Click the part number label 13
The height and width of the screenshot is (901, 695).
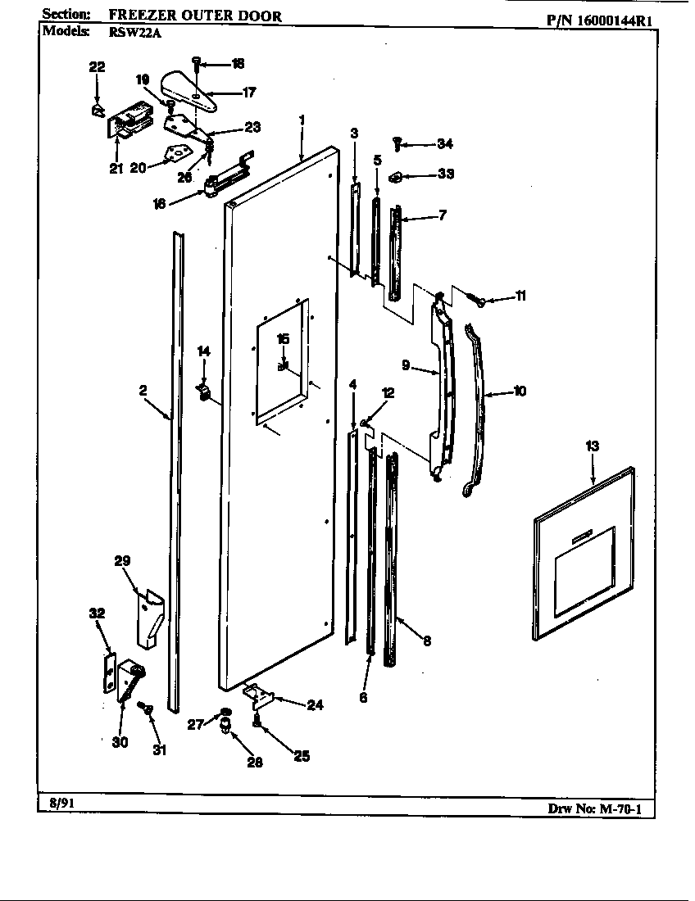click(592, 446)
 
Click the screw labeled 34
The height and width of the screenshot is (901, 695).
click(398, 143)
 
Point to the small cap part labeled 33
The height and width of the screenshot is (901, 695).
click(397, 175)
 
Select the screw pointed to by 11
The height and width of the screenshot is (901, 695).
click(479, 300)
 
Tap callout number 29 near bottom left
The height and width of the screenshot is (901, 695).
click(122, 561)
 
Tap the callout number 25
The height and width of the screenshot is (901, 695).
click(301, 756)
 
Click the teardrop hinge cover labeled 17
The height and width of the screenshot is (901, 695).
click(190, 90)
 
